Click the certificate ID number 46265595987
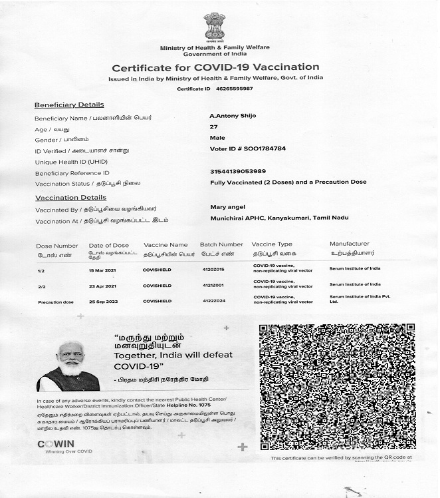[x=235, y=89]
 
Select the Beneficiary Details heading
[x=69, y=105]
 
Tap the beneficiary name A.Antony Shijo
[x=233, y=116]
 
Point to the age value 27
[x=213, y=126]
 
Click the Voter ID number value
[x=247, y=148]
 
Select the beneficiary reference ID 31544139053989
[x=237, y=171]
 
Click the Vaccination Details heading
[x=70, y=198]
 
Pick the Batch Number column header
[x=221, y=245]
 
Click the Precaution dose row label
[x=55, y=302]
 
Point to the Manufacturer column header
[x=349, y=244]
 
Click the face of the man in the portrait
[x=68, y=358]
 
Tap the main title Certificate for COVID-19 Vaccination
[x=215, y=67]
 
